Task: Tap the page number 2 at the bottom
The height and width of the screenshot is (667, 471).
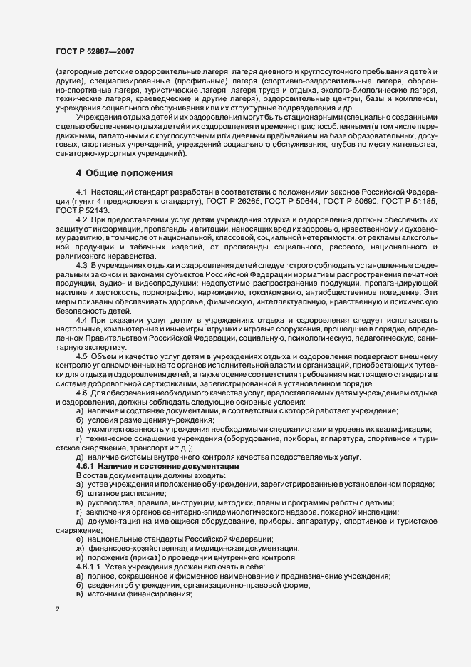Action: [58, 609]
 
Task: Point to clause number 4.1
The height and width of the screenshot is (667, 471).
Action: [81, 194]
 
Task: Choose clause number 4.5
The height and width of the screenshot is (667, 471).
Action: [81, 355]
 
